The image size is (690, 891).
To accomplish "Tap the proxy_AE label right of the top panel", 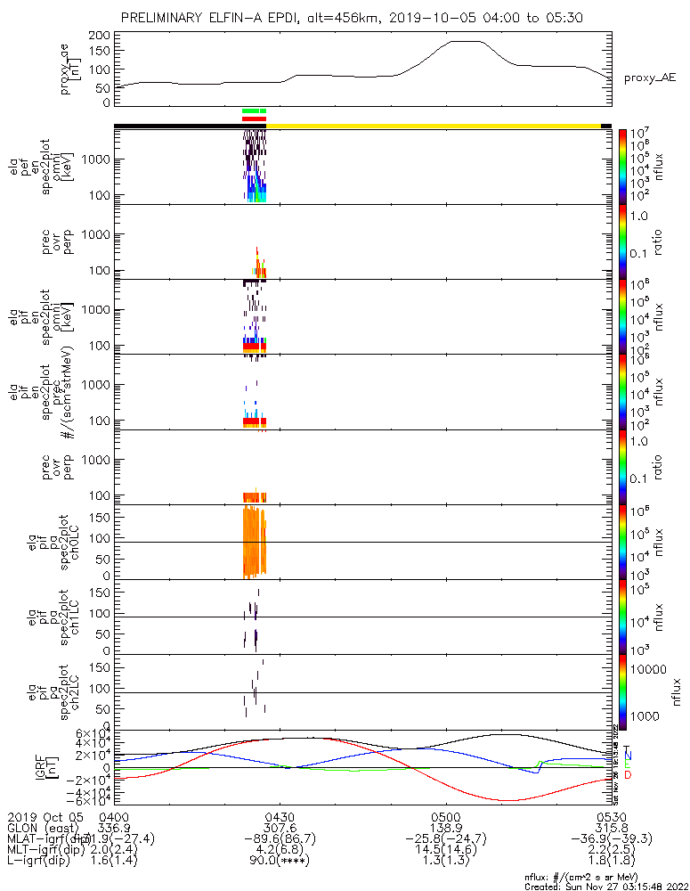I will pyautogui.click(x=649, y=78).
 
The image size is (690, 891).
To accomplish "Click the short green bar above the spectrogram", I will pyautogui.click(x=254, y=110).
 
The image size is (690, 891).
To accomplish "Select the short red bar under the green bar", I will pyautogui.click(x=254, y=118).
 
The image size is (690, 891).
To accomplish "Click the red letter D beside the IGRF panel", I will pyautogui.click(x=628, y=775).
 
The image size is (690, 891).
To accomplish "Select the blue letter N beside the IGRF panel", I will pyautogui.click(x=628, y=756).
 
